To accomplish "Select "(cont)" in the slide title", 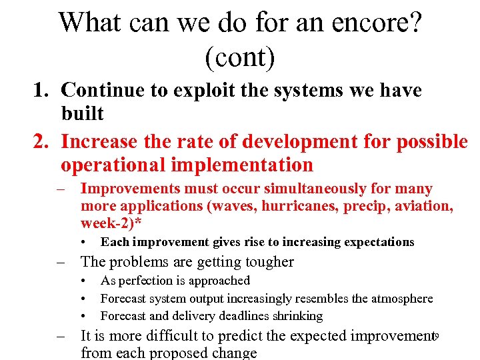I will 239,57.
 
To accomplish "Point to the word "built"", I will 83,113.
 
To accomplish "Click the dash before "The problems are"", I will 61,262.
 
